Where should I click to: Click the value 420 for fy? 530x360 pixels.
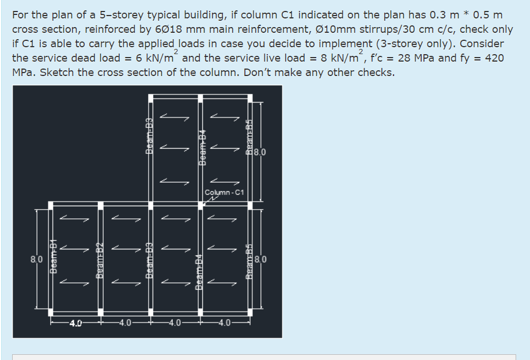[494, 58]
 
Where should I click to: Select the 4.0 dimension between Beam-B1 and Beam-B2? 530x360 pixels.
[75, 322]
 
